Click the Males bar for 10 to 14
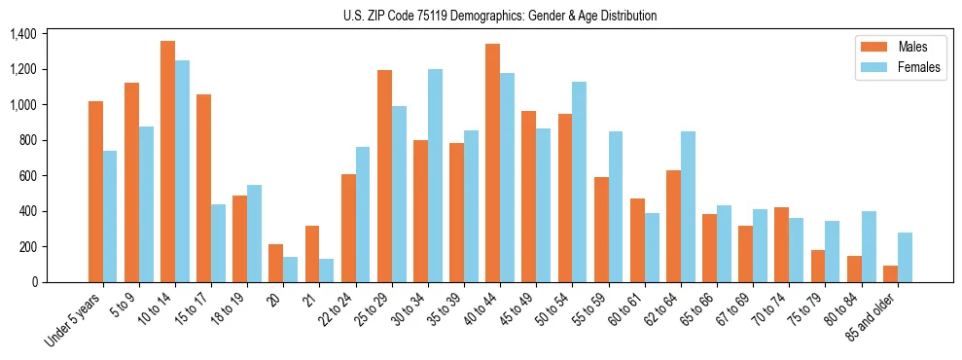coord(167,162)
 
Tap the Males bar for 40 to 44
coord(492,162)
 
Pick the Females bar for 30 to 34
coord(435,175)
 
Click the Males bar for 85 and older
coord(890,273)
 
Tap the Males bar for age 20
coord(276,263)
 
